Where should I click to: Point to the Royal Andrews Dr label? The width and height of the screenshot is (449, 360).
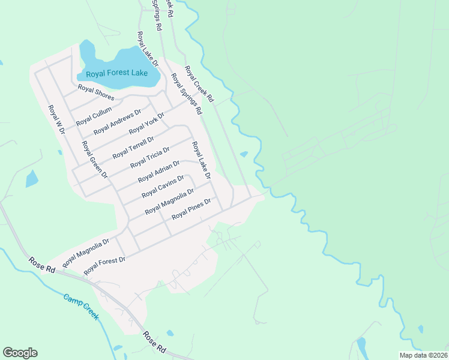click(x=117, y=121)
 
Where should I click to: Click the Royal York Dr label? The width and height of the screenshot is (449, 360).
click(x=146, y=123)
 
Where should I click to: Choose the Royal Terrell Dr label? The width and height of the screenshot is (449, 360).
click(x=133, y=147)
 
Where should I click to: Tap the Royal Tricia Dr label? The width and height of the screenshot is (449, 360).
click(x=150, y=156)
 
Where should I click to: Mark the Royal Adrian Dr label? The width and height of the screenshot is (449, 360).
click(x=158, y=172)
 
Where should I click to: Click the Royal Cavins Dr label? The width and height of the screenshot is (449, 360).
click(x=163, y=187)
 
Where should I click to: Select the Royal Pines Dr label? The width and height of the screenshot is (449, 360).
click(x=192, y=209)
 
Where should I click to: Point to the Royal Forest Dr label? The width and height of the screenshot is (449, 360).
click(x=104, y=266)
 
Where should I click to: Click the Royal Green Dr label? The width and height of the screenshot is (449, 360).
click(x=94, y=160)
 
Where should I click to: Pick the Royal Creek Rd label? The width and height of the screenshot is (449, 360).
click(x=199, y=83)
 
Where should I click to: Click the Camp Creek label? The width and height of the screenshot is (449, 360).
click(x=81, y=307)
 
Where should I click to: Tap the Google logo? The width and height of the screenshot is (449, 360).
click(x=20, y=352)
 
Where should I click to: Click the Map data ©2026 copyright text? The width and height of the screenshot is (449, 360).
click(x=423, y=355)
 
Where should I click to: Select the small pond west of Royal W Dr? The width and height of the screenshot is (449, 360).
click(x=31, y=179)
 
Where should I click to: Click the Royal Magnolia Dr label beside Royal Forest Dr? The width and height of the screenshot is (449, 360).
click(x=85, y=252)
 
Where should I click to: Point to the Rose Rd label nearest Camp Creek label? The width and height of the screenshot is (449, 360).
click(x=42, y=265)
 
